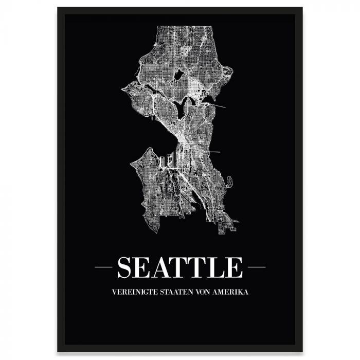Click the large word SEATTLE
180,267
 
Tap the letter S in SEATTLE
125,267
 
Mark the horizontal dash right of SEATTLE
257,267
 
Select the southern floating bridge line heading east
212,152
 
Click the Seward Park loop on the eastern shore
230,181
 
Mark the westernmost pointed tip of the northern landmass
122,89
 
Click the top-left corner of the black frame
58,8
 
